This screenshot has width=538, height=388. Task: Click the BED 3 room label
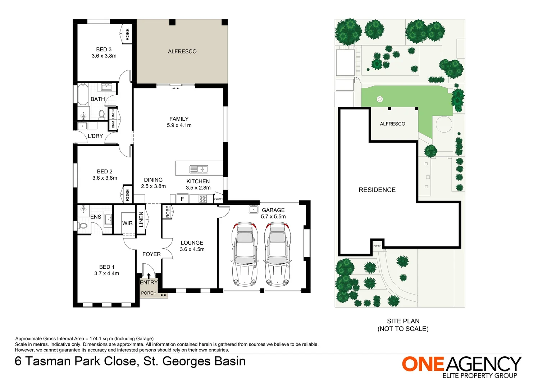(x=104, y=52)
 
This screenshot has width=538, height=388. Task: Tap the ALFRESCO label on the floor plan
(x=182, y=51)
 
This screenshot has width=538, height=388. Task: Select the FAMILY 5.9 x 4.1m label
(x=179, y=122)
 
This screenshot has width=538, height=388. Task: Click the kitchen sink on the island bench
(x=199, y=169)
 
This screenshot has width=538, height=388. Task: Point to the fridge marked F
(x=182, y=199)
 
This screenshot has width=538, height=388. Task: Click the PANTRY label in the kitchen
(x=218, y=199)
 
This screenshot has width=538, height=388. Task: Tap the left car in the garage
(x=245, y=254)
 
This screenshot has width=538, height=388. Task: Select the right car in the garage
(x=277, y=254)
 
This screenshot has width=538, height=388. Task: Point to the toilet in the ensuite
(x=83, y=226)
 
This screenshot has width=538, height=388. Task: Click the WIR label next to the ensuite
(x=127, y=223)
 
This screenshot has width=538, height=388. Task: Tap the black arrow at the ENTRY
(x=149, y=276)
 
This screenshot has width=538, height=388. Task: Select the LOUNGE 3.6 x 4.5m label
(x=192, y=246)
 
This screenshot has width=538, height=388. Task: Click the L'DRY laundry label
(x=95, y=136)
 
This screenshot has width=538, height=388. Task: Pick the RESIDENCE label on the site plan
(x=377, y=190)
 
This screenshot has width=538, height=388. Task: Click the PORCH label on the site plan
(x=377, y=246)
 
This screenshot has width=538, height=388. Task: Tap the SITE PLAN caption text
(x=403, y=325)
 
